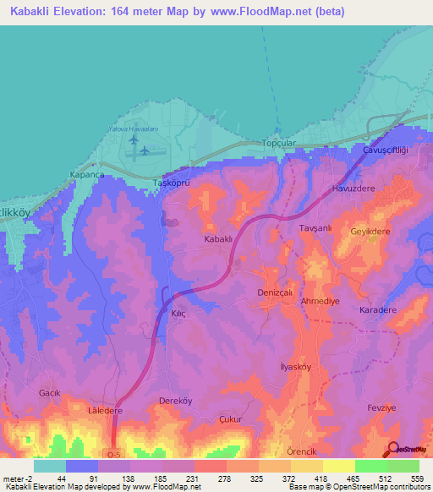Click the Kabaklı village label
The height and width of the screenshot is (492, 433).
tap(218, 240)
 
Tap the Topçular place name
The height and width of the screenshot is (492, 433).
tap(279, 144)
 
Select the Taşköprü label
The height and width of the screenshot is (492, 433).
tap(167, 183)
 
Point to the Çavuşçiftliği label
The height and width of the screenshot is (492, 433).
tap(386, 149)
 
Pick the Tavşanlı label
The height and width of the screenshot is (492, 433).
tap(306, 228)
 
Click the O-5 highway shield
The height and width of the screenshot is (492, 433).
tap(115, 454)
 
